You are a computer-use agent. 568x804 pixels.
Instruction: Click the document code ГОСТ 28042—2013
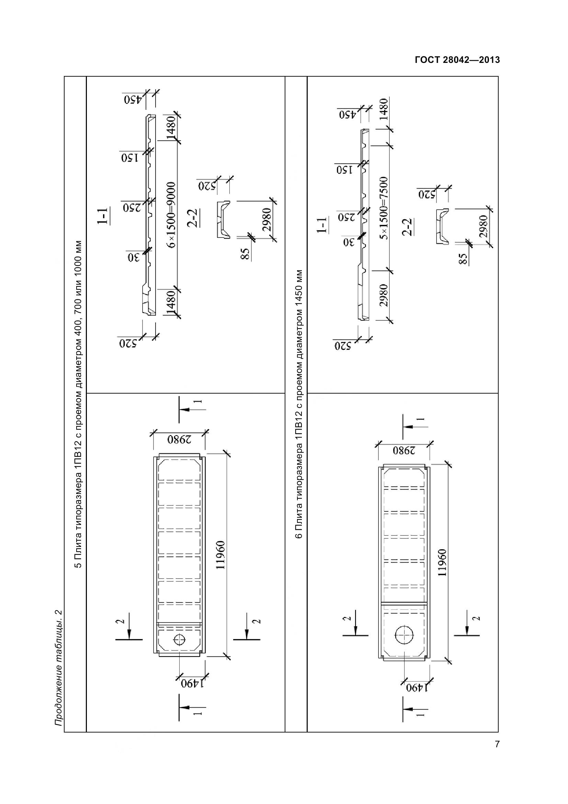tap(457, 60)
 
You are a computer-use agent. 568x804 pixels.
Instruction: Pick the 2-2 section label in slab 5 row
tap(193, 218)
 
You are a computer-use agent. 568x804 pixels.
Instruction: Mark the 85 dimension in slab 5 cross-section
tap(246, 254)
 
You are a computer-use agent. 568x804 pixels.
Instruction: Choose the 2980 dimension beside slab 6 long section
tap(384, 295)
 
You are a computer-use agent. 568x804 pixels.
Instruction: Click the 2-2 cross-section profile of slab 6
tap(442, 226)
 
